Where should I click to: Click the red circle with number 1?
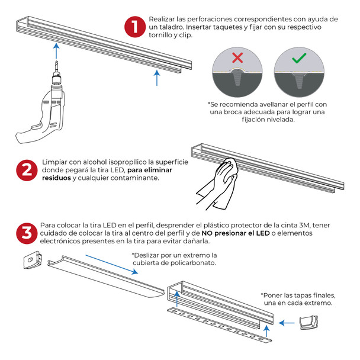pos(135,27)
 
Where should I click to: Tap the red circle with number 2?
pos(27,171)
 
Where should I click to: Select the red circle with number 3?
pos(27,233)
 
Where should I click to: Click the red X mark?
pos(237,57)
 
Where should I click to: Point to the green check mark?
pos(299,58)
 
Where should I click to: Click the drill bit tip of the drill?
pos(57,62)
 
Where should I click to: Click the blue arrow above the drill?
pos(56,50)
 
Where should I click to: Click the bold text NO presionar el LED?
pos(236,233)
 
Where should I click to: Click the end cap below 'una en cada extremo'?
pos(309,322)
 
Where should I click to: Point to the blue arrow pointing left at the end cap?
pos(287,323)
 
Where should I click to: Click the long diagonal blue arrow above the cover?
pos(112,264)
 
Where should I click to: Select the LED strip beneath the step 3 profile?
pos(219,325)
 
